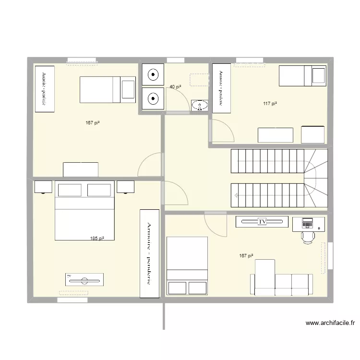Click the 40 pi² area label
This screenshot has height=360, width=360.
(x=175, y=87)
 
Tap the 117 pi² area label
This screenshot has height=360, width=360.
(x=270, y=103)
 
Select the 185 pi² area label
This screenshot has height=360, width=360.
(x=97, y=238)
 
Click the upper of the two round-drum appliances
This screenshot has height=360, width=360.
(x=153, y=75)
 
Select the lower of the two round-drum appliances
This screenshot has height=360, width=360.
(x=153, y=99)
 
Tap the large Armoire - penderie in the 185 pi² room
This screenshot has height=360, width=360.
(x=149, y=253)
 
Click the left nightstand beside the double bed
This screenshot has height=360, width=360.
(x=43, y=186)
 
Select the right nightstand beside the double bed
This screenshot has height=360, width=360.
(x=126, y=186)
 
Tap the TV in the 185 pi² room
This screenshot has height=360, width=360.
(x=84, y=279)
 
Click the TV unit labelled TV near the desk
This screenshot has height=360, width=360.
(x=262, y=222)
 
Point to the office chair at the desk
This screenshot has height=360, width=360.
(x=308, y=236)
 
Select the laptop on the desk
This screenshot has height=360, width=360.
(x=307, y=222)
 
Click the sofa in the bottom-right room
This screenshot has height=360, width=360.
(x=281, y=283)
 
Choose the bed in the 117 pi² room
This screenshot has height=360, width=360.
(x=303, y=75)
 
